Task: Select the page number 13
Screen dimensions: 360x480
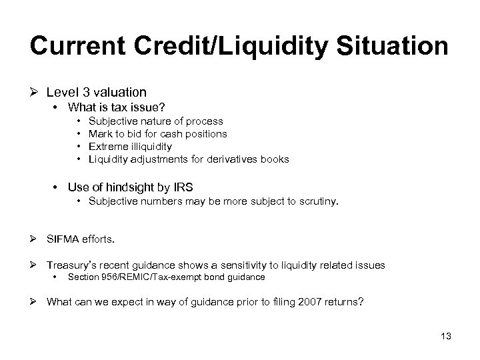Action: (445, 336)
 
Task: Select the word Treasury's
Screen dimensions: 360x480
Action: (73, 265)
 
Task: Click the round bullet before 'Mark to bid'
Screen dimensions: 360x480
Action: (79, 134)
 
